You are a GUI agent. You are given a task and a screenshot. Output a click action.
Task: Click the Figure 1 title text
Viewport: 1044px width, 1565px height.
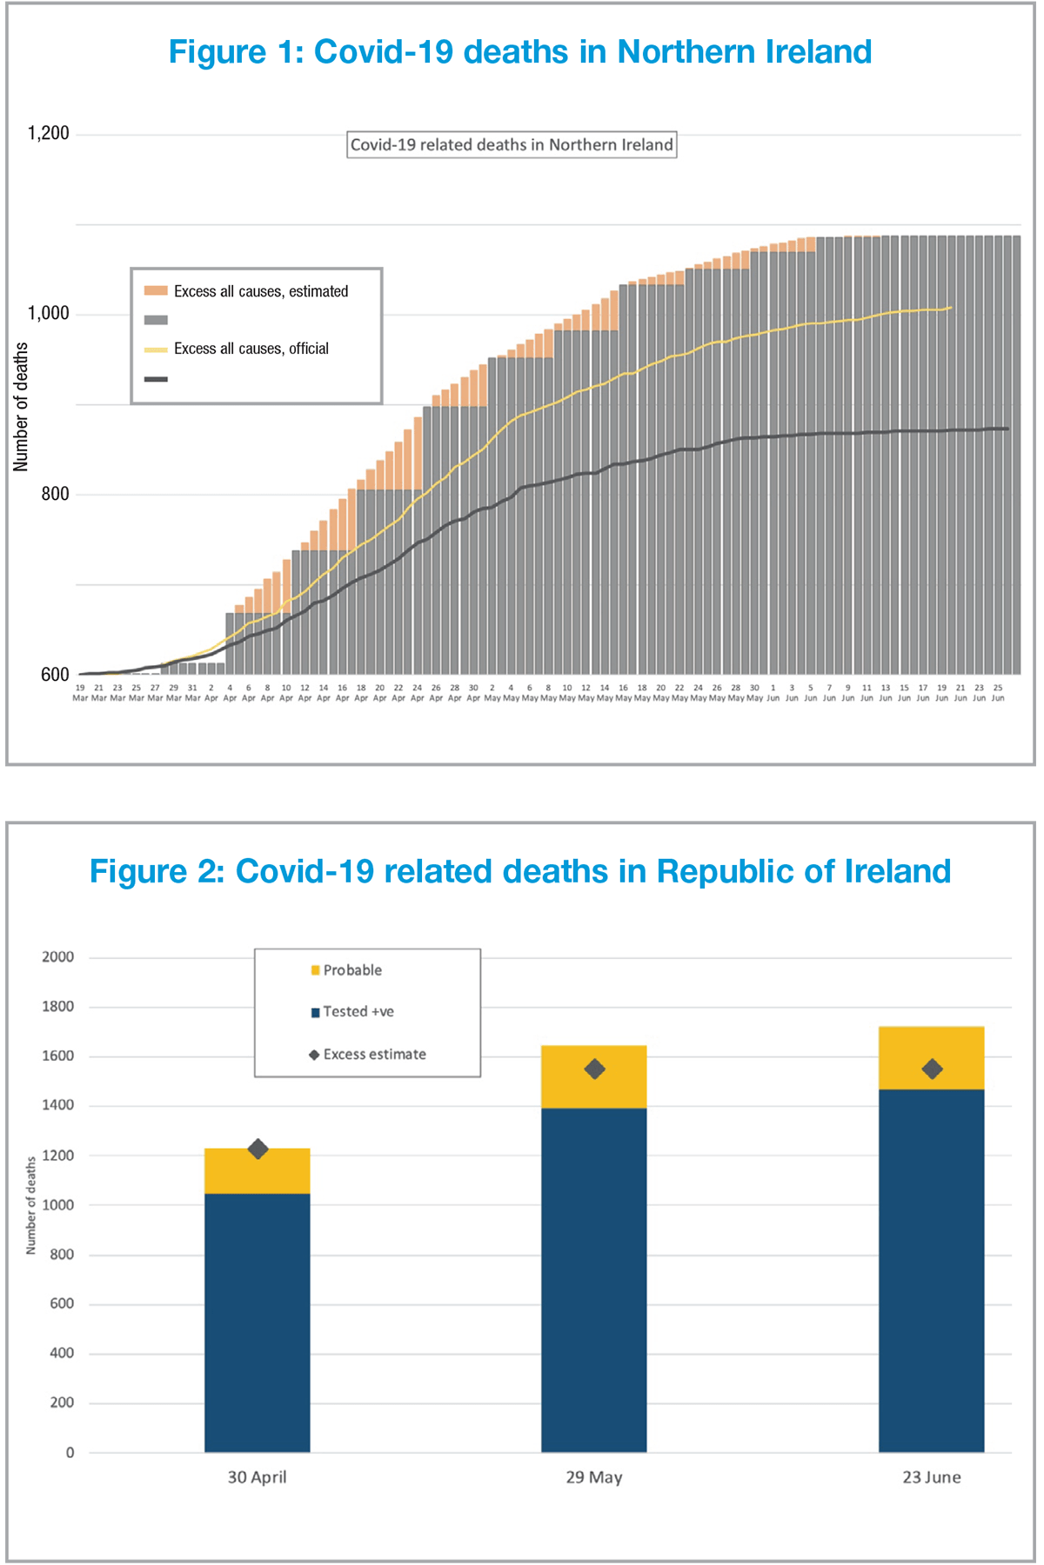(519, 52)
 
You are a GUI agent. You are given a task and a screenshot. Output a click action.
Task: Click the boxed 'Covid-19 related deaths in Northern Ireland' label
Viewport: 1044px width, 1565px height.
(512, 144)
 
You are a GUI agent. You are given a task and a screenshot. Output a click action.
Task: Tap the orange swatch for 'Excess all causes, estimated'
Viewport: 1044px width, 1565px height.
(156, 291)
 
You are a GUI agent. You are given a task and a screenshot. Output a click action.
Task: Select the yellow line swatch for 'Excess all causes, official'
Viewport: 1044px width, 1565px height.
(156, 350)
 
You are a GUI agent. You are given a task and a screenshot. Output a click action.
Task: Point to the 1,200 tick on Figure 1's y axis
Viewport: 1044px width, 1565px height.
(48, 133)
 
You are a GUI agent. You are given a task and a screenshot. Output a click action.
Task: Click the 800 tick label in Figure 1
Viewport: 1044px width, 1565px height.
(54, 494)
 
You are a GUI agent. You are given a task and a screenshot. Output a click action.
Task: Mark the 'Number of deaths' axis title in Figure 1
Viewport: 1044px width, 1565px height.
(21, 407)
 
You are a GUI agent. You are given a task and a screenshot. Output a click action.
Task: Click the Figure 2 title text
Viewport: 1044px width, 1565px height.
(519, 871)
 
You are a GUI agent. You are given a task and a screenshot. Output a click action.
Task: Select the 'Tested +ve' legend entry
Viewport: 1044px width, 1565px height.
(352, 1012)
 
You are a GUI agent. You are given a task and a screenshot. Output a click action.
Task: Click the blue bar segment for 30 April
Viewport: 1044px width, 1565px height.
(258, 1322)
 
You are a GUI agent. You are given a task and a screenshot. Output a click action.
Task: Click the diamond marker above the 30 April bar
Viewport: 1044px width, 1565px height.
(258, 1149)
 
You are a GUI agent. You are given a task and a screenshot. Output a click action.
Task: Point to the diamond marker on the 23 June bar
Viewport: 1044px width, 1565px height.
(932, 1069)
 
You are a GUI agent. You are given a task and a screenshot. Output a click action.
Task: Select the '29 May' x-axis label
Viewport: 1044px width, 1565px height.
(594, 1477)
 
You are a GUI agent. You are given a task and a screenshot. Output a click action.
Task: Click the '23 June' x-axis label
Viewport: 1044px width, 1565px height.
(932, 1477)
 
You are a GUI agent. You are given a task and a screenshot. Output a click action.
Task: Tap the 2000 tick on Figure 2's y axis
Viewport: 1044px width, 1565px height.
(58, 957)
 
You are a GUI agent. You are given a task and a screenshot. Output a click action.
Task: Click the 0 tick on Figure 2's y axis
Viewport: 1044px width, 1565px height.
(70, 1453)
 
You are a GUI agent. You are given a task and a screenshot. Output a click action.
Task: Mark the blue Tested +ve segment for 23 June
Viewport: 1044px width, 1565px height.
(932, 1269)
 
